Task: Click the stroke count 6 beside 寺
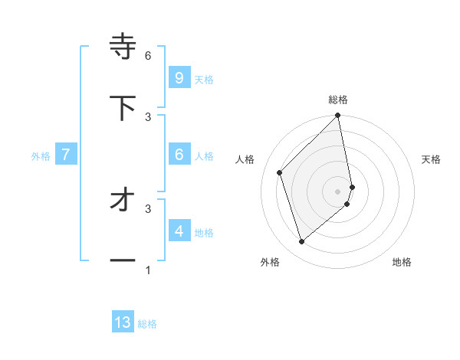pyautogui.click(x=148, y=55)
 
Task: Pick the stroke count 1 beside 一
pyautogui.click(x=148, y=270)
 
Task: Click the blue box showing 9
pyautogui.click(x=179, y=77)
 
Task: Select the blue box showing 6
pyautogui.click(x=179, y=154)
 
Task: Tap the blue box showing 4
pyautogui.click(x=179, y=231)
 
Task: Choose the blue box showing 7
pyautogui.click(x=66, y=155)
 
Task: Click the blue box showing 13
pyautogui.click(x=123, y=322)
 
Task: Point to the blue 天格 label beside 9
pyautogui.click(x=204, y=80)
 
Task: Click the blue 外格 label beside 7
pyautogui.click(x=41, y=156)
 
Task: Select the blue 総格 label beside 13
pyautogui.click(x=147, y=324)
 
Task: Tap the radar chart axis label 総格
pyautogui.click(x=338, y=100)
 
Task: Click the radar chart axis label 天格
pyautogui.click(x=432, y=159)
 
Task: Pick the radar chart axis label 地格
pyautogui.click(x=402, y=262)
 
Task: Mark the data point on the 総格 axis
pyautogui.click(x=338, y=116)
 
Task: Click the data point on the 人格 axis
pyautogui.click(x=280, y=172)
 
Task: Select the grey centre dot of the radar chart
pyautogui.click(x=338, y=191)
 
